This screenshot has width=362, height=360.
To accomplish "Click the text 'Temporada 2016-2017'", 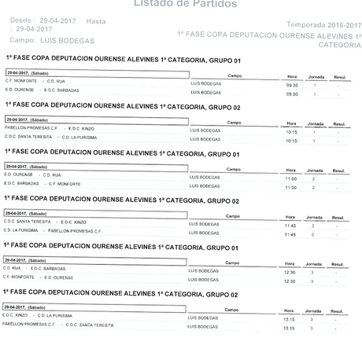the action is tap(321, 25).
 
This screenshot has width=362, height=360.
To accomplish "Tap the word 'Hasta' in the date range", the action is tap(95, 20).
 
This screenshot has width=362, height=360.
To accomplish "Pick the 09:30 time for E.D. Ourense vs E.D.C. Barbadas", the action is tap(292, 94).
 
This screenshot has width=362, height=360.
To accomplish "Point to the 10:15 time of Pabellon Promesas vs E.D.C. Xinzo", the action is tap(291, 131).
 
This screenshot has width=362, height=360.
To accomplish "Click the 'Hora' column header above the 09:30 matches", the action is tap(292, 76).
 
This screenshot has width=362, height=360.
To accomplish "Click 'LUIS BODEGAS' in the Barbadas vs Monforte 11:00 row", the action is tap(205, 186).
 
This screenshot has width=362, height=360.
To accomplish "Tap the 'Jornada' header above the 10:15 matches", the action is tap(315, 123).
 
